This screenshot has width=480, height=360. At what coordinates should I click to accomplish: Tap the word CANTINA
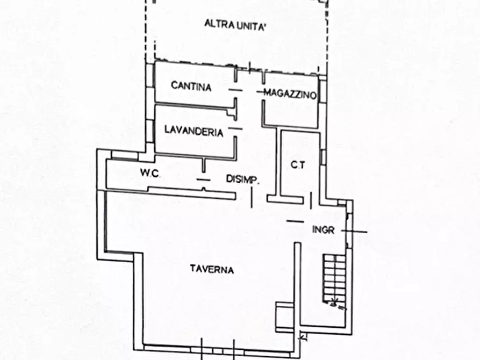(x=191, y=86)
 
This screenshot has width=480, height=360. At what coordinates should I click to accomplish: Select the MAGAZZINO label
(x=290, y=93)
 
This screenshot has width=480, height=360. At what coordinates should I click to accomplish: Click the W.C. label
(x=148, y=173)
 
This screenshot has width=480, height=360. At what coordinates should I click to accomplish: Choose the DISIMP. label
(x=242, y=179)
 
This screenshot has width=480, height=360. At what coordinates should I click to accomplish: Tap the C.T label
(x=298, y=165)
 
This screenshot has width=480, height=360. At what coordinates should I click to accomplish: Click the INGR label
(x=324, y=230)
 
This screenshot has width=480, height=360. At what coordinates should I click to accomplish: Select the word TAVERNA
(x=212, y=270)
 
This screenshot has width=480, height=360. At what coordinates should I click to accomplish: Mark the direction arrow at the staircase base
(x=338, y=304)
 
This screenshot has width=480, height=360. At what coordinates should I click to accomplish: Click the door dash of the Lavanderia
(x=235, y=128)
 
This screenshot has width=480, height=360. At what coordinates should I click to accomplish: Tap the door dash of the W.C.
(x=203, y=179)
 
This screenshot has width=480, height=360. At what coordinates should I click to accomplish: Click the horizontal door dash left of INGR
(x=295, y=221)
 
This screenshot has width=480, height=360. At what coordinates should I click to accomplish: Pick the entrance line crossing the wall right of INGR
(x=357, y=232)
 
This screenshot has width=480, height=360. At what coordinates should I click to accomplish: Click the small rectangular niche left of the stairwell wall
(x=284, y=312)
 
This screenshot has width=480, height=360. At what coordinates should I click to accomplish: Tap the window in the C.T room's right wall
(x=322, y=157)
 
